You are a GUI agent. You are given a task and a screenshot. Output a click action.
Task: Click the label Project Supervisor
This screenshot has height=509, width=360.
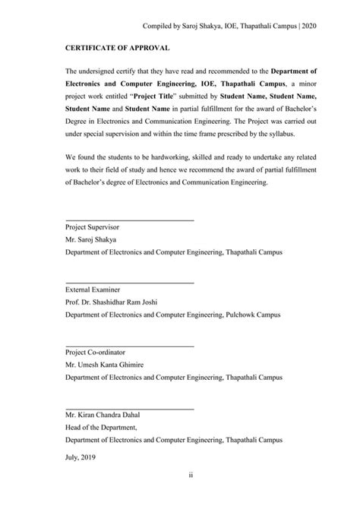pos(90,227)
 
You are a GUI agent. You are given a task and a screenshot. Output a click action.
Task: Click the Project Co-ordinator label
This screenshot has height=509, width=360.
pos(94,353)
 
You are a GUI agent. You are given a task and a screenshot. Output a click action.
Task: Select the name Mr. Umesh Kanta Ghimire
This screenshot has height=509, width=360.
pos(105,365)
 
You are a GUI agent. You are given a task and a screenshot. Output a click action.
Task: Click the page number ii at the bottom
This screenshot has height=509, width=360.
pos(180,476)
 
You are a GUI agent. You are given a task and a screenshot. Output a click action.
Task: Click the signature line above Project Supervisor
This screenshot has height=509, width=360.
pos(129,220)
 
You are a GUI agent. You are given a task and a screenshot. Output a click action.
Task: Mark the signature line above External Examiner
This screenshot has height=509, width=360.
pos(129,283)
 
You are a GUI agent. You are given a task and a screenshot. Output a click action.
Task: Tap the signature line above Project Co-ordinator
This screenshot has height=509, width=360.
pos(129,346)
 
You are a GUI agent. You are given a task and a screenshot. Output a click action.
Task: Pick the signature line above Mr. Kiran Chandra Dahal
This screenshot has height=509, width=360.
pos(129,409)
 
